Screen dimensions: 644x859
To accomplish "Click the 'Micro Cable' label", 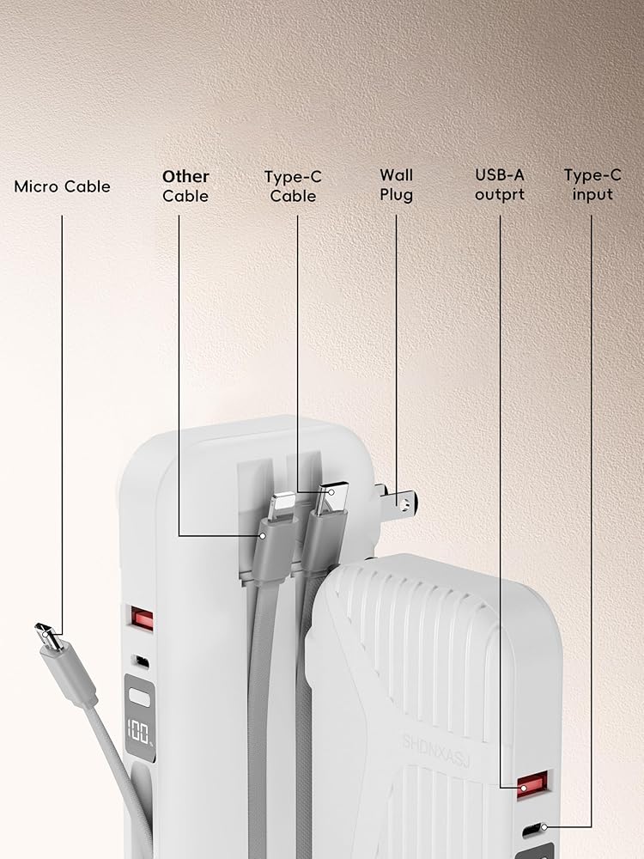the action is pos(62,186).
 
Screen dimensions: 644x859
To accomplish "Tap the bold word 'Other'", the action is pos(185,177).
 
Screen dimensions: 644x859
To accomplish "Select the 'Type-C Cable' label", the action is pos(293,186).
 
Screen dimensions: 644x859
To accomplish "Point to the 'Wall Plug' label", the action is pos(396,185).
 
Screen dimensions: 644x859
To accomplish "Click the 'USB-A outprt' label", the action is pos(500,185).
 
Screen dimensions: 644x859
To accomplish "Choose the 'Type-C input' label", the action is pos(592,185).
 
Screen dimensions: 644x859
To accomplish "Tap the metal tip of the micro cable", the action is pos(47,637).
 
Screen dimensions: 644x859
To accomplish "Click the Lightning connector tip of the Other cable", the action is pos(280,506).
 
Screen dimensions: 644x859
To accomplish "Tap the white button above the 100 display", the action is pos(139,698).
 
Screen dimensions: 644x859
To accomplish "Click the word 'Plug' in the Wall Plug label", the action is pos(396,195).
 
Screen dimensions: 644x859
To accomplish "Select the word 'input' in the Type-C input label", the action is pos(592,195).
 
